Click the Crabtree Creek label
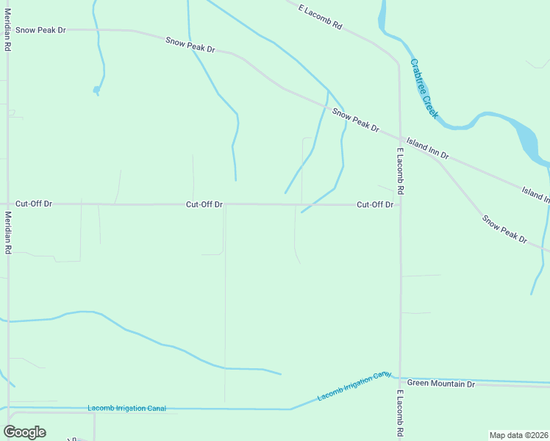[424, 89]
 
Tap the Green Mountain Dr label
[441, 384]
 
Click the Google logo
[24, 431]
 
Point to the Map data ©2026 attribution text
[519, 435]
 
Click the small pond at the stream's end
[96, 90]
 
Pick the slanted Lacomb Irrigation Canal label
[354, 387]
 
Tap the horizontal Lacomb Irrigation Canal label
[126, 408]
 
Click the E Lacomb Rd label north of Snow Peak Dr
[321, 16]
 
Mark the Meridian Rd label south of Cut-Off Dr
[7, 233]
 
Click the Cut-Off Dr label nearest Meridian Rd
[34, 204]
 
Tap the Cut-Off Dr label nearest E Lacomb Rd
[375, 204]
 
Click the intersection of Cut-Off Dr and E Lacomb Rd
[400, 204]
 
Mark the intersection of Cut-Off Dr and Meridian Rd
[7, 204]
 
